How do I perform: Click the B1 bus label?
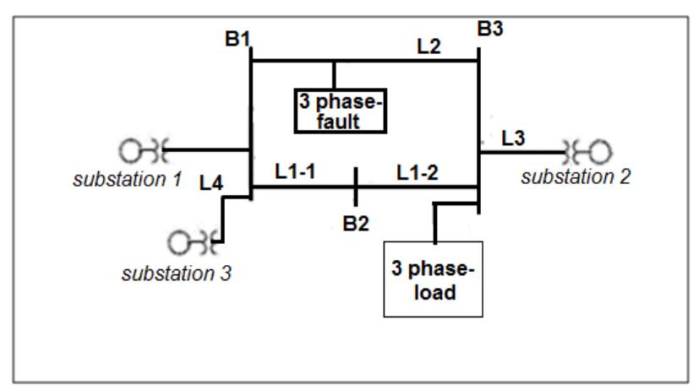(x=238, y=40)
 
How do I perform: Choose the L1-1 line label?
(x=293, y=171)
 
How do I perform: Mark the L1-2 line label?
(x=417, y=171)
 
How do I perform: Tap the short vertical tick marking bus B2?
(x=356, y=186)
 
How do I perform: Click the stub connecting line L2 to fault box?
(x=334, y=74)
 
